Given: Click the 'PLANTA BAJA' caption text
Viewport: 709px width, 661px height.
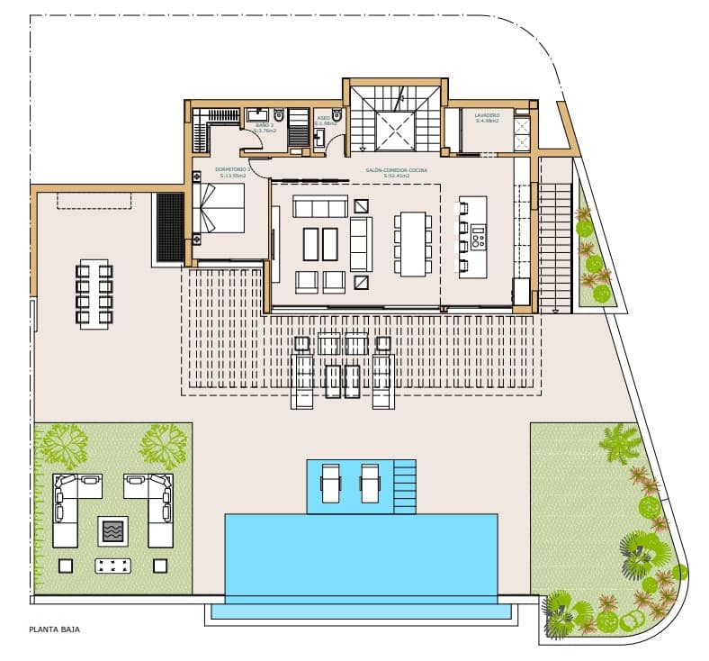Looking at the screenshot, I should (55, 629).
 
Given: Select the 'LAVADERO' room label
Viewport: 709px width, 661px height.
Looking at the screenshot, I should (487, 116).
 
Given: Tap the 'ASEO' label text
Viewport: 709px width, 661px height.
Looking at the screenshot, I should (323, 117).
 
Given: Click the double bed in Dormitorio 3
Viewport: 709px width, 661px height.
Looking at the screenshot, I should (220, 208).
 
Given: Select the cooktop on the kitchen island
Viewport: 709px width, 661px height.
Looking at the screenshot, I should (478, 239).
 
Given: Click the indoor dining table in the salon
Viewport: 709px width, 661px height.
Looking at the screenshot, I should (413, 243).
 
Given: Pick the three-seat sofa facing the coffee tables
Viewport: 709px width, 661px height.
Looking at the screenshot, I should (319, 208).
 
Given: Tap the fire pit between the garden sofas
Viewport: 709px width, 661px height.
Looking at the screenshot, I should (112, 530).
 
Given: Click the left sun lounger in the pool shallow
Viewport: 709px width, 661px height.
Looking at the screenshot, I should (331, 484).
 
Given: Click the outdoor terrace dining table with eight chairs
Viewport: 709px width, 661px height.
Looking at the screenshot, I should (94, 294).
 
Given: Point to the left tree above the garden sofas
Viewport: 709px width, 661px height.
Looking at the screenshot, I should (64, 441).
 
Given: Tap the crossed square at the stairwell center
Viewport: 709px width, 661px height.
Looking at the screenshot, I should (395, 131).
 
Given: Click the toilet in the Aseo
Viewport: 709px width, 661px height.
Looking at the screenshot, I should (337, 115).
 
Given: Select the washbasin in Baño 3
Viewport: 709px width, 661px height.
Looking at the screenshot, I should (261, 113).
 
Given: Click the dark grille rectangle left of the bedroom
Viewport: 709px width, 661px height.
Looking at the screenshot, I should (170, 227).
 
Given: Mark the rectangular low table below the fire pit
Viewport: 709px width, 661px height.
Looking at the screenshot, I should (112, 566).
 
